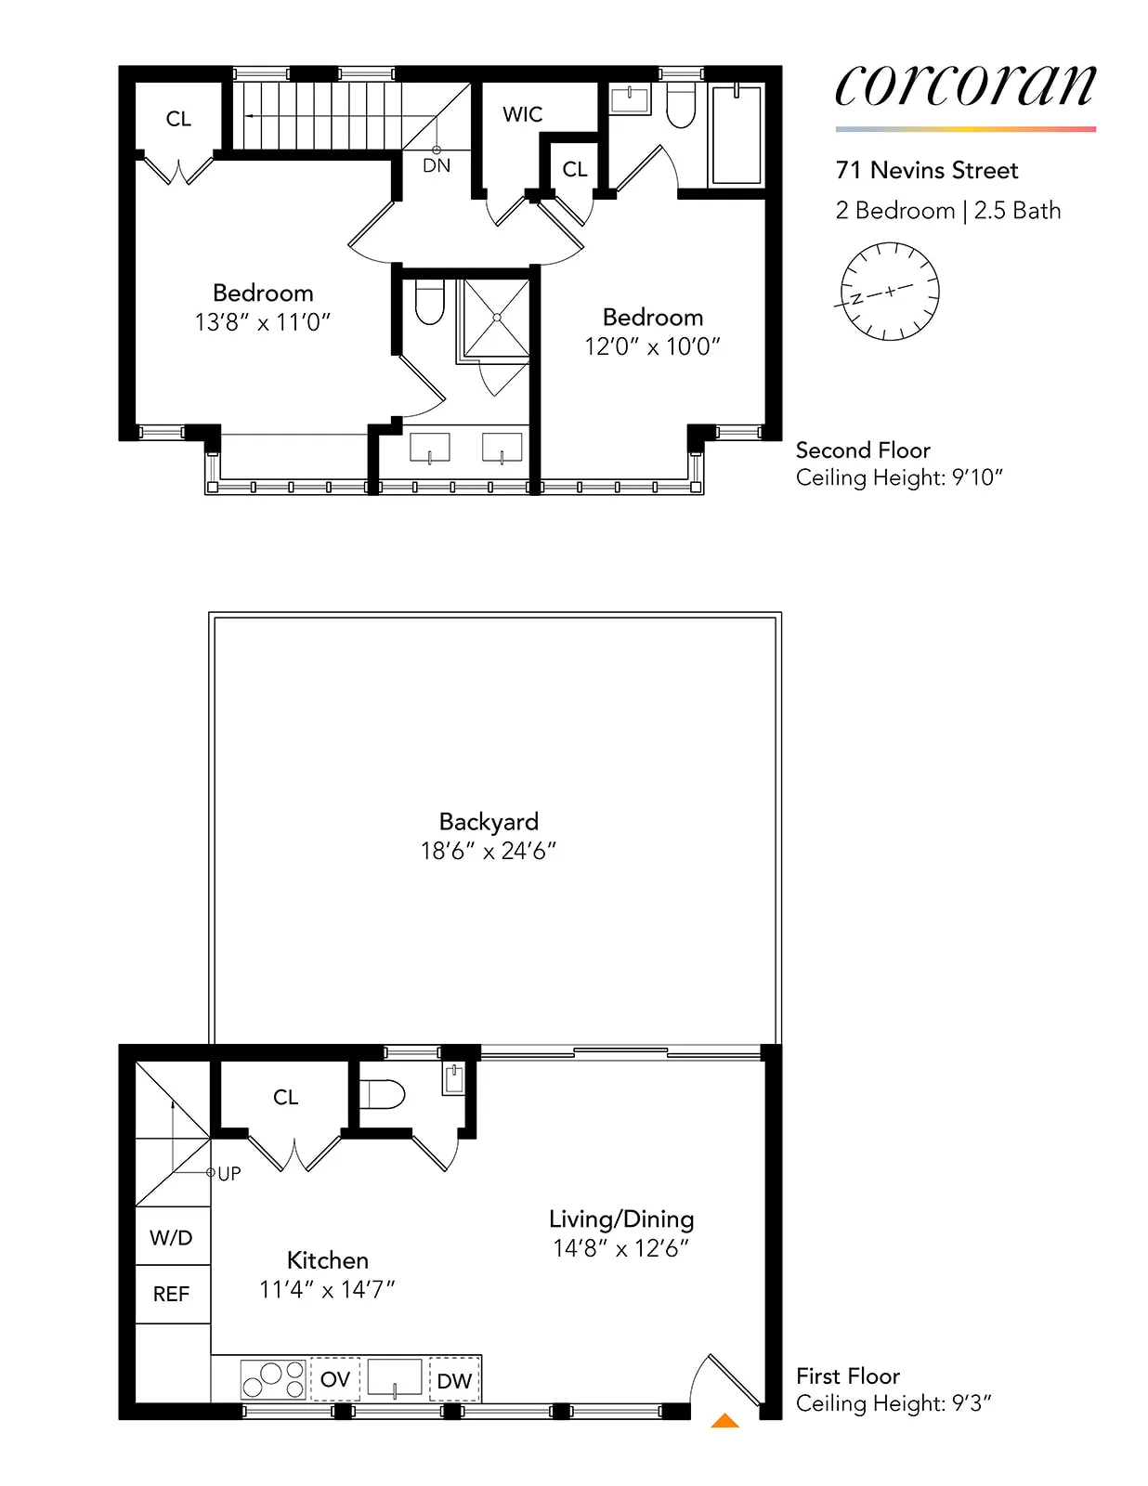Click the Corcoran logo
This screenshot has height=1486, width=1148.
[x=965, y=86]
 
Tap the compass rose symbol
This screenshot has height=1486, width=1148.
[x=889, y=292]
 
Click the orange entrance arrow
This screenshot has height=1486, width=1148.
[x=724, y=1420]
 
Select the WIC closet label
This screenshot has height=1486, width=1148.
[x=522, y=114]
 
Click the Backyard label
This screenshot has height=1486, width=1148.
[x=489, y=821]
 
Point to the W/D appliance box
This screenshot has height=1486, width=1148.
[x=172, y=1237]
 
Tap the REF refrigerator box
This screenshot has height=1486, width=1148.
[x=172, y=1294]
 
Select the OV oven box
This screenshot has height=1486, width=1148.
[x=334, y=1379]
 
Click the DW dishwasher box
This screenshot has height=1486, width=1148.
[x=454, y=1380]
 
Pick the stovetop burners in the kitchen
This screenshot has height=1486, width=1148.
[x=273, y=1379]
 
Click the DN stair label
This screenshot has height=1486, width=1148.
[x=437, y=165]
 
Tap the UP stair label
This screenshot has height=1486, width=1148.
[x=229, y=1173]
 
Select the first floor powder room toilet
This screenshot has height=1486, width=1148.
[x=384, y=1094]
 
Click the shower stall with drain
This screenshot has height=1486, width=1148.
[x=497, y=318]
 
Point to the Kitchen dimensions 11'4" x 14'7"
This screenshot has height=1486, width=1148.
[x=327, y=1289]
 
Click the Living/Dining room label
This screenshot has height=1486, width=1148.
[x=621, y=1219]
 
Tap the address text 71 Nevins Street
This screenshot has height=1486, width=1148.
[x=926, y=170]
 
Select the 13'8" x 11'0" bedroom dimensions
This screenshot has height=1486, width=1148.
[x=263, y=322]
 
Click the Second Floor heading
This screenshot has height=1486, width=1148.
[x=863, y=450]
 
